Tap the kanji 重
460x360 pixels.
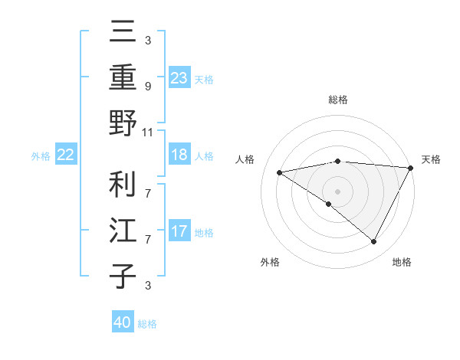(123, 78)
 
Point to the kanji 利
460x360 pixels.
(123, 184)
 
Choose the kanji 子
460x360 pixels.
(123, 276)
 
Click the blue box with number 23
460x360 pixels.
(179, 77)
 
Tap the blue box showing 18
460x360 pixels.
(179, 155)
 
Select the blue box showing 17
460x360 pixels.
(179, 231)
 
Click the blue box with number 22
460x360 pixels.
(66, 155)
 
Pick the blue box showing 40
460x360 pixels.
(123, 322)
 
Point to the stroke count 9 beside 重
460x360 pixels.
(147, 87)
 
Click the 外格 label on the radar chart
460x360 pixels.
(270, 262)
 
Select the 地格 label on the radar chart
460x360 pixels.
(402, 262)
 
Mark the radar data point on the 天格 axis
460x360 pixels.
(410, 168)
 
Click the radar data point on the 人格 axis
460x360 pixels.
(279, 172)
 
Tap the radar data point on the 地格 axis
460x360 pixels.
(373, 242)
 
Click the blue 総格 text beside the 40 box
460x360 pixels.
(147, 324)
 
